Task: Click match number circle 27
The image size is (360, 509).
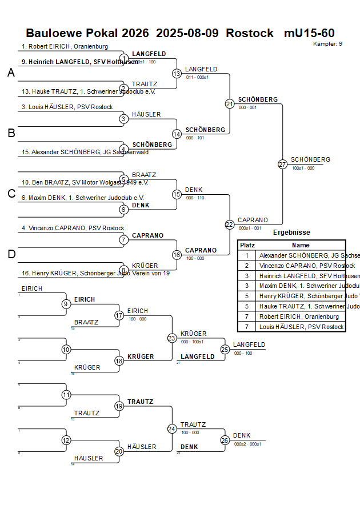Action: coord(282,165)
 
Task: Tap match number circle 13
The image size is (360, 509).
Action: coord(177,74)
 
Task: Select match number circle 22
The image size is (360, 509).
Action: coord(230,225)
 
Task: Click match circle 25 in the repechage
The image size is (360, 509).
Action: coord(225,349)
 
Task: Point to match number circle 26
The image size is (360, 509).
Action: coord(225,440)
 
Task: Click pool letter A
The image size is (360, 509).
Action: coord(11,73)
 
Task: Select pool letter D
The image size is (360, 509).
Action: coord(11,254)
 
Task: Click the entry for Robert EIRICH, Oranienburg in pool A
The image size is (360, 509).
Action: coord(65,46)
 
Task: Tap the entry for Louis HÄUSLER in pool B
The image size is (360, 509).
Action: coord(67,107)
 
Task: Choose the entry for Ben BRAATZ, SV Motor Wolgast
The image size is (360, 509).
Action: coord(85,183)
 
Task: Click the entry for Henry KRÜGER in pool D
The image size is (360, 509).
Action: coord(95,273)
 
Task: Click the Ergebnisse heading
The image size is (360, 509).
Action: coord(291,233)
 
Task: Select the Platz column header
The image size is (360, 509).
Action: coord(247,245)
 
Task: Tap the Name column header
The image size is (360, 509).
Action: coord(300,245)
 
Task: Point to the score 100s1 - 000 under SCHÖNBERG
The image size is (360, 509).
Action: coord(303,169)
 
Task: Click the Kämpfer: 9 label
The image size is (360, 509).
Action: coord(328,44)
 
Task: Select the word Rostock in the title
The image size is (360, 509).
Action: coord(250,33)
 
